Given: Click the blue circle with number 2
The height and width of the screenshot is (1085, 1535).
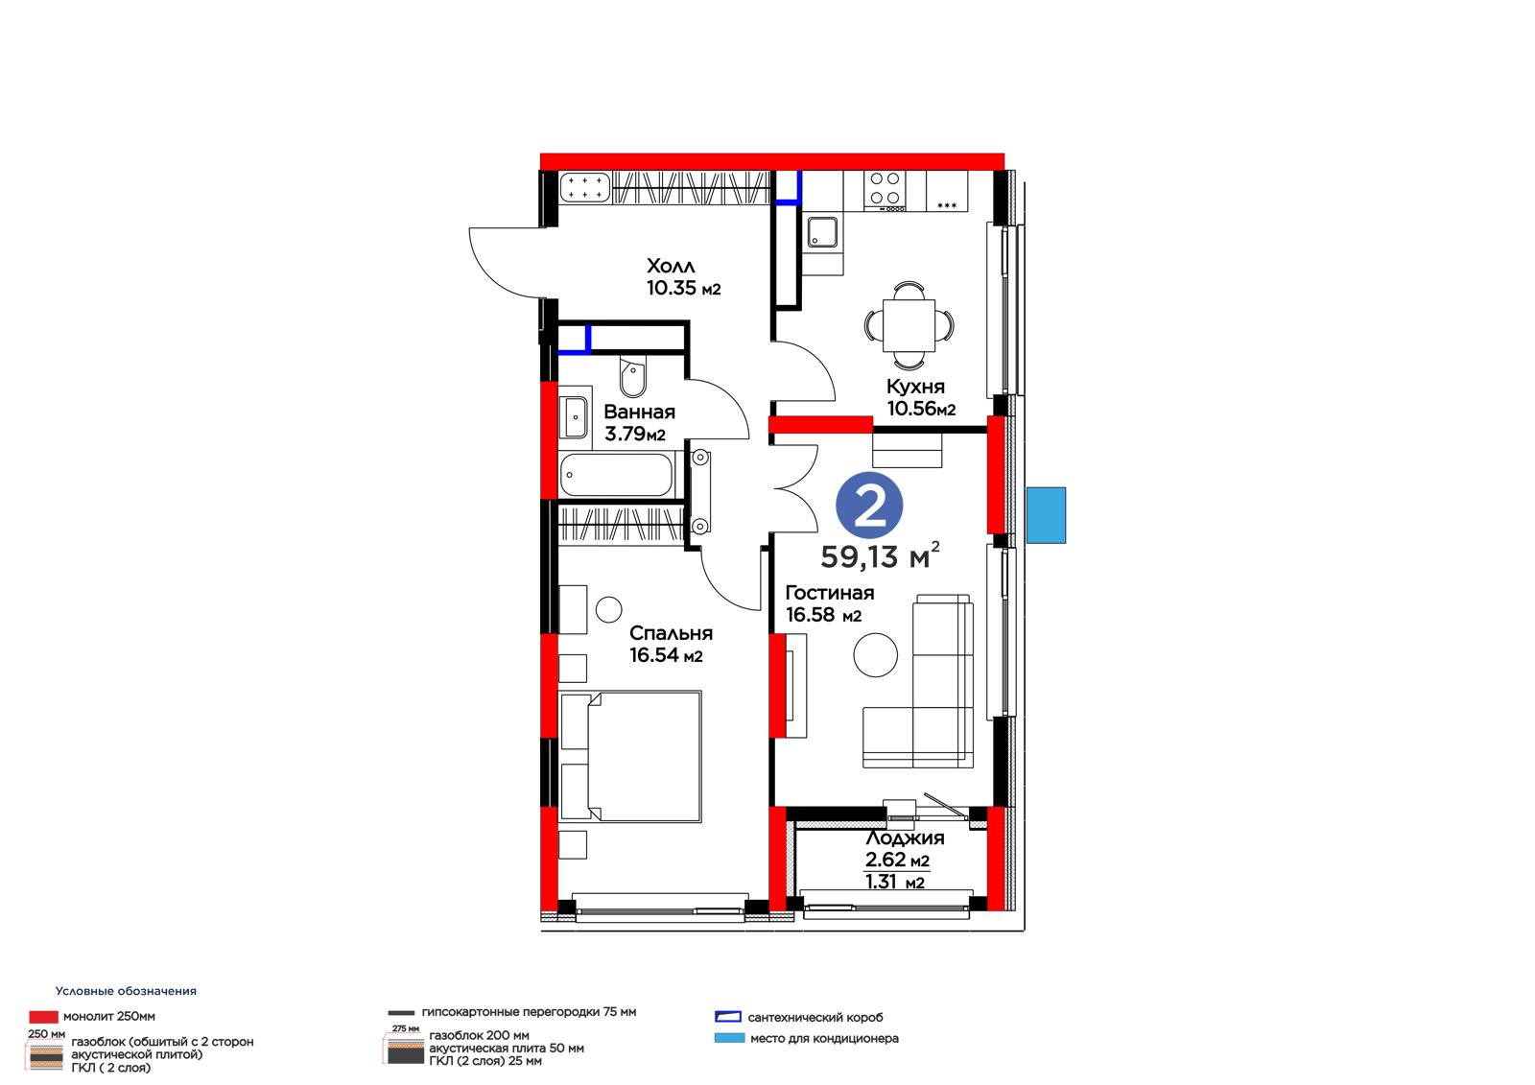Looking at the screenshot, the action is coord(869,506).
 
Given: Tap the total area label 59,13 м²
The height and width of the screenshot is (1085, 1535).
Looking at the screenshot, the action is coord(880,555).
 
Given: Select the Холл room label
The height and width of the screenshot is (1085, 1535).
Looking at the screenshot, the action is coord(671,265).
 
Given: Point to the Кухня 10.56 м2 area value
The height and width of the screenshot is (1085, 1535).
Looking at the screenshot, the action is coord(921,409).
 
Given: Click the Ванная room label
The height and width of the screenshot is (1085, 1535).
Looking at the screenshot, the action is coord(639,412).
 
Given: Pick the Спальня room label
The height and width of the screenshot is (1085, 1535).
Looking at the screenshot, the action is coord(671,633).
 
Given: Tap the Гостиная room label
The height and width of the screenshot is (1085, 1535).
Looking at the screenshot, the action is coord(829,593).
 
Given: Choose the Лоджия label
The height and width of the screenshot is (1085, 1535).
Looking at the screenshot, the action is coord(905,837).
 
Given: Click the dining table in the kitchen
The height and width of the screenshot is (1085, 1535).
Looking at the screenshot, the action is coord(909,325).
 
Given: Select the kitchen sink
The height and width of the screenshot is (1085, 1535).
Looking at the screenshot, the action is coord(821,231).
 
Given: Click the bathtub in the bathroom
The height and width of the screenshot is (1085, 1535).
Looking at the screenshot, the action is coord(616,474).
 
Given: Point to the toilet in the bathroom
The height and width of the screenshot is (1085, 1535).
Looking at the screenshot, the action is coord(632,377).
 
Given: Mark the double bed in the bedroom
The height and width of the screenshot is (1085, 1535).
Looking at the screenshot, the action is coord(630,757).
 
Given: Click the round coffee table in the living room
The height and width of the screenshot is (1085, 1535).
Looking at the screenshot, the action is coord(875,655).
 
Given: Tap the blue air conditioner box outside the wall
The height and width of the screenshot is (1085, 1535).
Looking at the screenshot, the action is coord(1046,515).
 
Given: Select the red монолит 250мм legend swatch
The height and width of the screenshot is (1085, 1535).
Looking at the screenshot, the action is coord(43,1017).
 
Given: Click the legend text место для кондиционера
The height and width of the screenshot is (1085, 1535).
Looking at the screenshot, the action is coord(824,1038).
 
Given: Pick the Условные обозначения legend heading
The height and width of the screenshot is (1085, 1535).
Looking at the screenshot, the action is coord(126,991).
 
